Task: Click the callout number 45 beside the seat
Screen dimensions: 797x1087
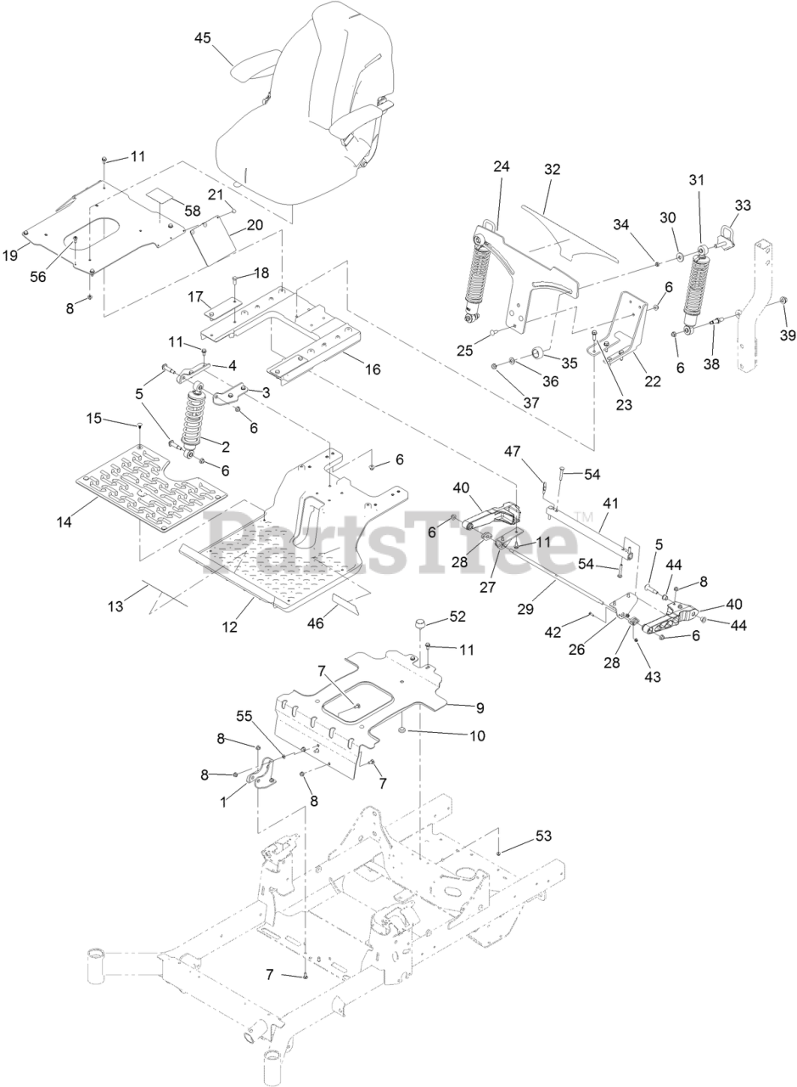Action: tap(203, 37)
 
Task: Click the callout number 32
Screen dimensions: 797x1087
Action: tap(553, 169)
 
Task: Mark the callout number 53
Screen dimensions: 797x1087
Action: tap(542, 836)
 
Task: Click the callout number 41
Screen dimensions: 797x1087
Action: tap(609, 503)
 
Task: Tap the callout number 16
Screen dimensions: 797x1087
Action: tap(372, 369)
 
